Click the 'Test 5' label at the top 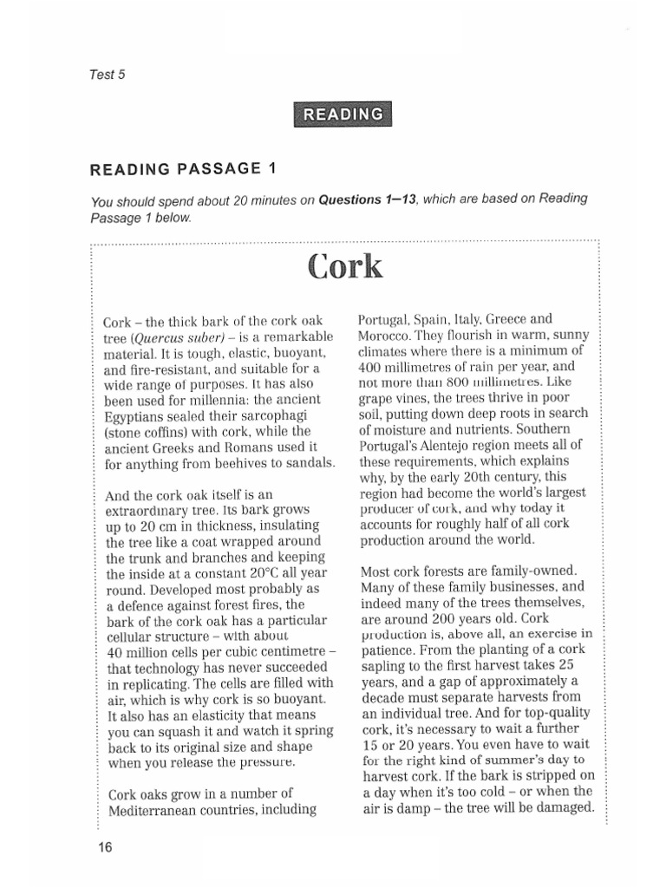point(108,74)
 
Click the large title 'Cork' point(343,266)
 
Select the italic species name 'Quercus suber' point(177,336)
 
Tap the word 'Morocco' point(384,335)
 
